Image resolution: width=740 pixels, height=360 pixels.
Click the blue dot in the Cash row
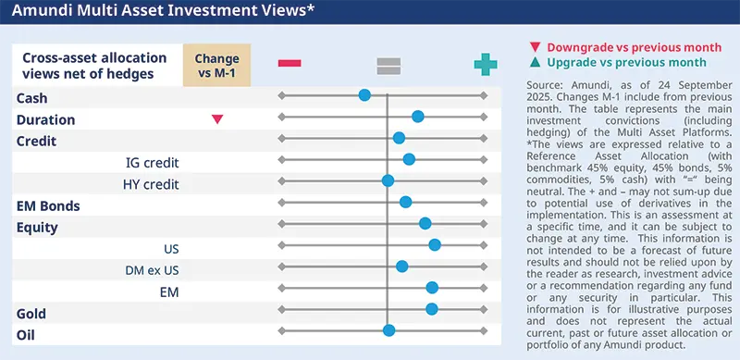tap(364, 95)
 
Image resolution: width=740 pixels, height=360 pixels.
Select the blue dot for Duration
tap(418, 117)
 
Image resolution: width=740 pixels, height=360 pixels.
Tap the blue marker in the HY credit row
tap(388, 180)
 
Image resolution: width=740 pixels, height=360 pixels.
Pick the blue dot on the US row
tap(435, 244)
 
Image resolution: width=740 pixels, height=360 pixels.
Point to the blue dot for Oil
tap(389, 329)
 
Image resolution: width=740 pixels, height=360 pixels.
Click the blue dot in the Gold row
tap(432, 308)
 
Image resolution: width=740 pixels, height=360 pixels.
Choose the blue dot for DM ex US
tap(402, 266)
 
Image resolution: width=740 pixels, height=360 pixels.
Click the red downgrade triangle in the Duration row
tap(217, 119)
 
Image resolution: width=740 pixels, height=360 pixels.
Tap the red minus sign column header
tap(290, 63)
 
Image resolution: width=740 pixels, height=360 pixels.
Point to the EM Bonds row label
tap(48, 205)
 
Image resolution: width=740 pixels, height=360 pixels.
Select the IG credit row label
tap(152, 163)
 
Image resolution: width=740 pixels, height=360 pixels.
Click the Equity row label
tap(37, 227)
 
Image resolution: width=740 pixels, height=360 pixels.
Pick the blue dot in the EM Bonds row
tap(405, 202)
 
